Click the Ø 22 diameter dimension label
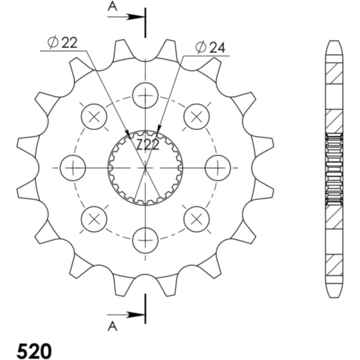point(62,43)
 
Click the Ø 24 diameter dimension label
point(211,47)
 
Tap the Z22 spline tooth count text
point(148,145)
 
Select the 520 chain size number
point(34,350)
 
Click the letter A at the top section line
point(112,7)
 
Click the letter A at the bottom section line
point(112,326)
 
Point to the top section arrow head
point(136,17)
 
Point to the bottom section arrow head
point(136,315)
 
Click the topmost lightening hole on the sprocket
point(146,95)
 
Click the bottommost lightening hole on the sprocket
point(146,240)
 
